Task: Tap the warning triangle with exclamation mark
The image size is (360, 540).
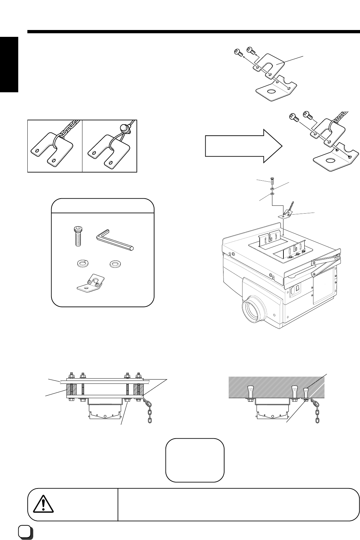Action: tap(42, 504)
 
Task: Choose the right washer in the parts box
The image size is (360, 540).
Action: tap(114, 263)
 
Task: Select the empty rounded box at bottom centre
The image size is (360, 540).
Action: tap(194, 460)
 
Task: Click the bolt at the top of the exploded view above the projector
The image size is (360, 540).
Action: tap(272, 180)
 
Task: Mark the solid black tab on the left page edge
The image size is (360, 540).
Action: tap(9, 65)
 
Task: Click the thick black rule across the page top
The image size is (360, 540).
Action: tap(192, 32)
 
